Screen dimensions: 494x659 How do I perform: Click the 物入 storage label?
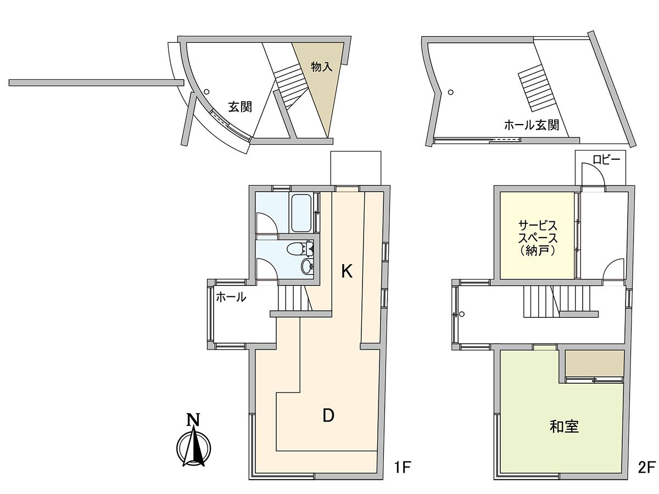click(322, 67)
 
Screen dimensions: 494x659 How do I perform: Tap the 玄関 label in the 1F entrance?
click(240, 107)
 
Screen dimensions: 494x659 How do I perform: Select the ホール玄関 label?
click(532, 125)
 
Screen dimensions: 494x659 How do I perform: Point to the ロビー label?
click(606, 160)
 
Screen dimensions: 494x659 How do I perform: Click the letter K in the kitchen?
click(346, 271)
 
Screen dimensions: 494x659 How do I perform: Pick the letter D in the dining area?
click(328, 416)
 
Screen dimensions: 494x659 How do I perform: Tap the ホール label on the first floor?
click(231, 298)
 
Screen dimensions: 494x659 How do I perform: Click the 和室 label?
click(564, 426)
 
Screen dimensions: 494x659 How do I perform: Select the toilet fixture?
click(300, 249)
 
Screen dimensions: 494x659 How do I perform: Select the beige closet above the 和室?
click(595, 364)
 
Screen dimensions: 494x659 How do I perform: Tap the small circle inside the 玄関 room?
click(206, 92)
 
